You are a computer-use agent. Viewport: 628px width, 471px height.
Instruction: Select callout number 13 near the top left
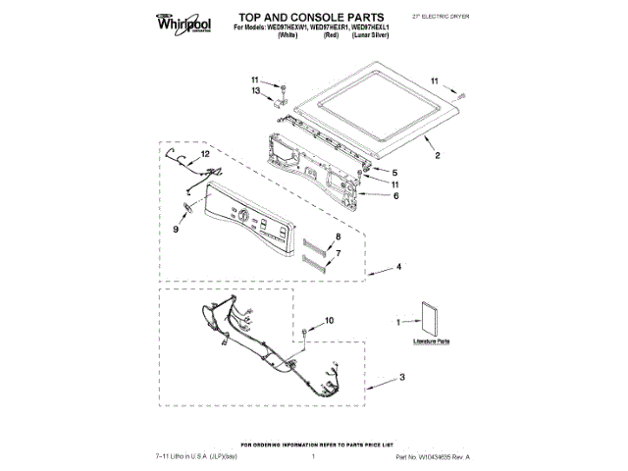pos(254,91)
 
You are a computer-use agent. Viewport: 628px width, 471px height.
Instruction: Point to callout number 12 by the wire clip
pos(205,155)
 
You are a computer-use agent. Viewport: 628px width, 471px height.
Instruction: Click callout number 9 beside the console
pos(176,229)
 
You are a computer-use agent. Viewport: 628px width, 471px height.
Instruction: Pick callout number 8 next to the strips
pos(339,238)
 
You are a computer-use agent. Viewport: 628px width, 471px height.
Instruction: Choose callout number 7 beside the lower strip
pos(339,253)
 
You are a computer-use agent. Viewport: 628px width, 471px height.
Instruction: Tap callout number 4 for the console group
pos(400,266)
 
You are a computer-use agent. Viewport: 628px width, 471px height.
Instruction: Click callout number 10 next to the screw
pos(330,320)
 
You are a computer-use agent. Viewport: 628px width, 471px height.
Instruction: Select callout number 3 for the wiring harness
pos(402,378)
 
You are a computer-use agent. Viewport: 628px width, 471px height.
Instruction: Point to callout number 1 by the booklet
pos(397,322)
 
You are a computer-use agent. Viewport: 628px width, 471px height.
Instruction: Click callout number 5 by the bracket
pos(395,172)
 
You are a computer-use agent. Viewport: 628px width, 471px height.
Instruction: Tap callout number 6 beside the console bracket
pos(395,195)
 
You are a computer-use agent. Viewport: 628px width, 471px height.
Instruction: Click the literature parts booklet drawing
pos(427,320)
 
